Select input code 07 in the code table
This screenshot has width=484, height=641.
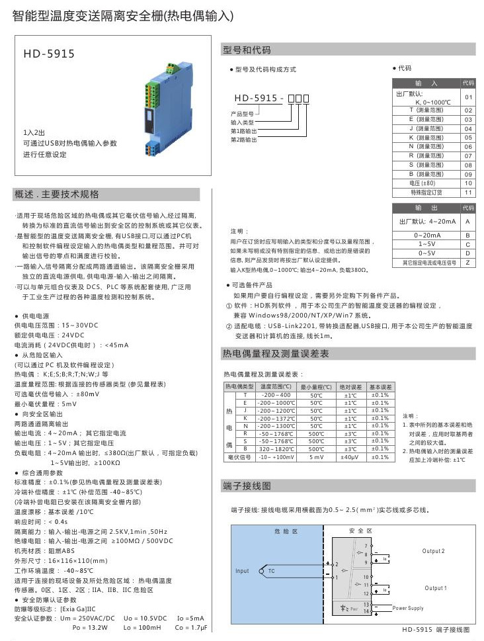(x=468, y=155)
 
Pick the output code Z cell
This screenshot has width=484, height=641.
(x=467, y=263)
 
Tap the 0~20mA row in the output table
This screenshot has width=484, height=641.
(x=426, y=235)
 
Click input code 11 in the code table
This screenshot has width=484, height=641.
(x=468, y=192)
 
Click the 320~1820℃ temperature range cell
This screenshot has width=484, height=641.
(x=276, y=448)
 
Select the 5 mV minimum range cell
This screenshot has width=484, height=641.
(x=317, y=456)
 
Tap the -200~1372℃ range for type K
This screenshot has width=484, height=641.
(x=276, y=417)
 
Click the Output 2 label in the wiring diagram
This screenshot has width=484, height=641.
(x=434, y=551)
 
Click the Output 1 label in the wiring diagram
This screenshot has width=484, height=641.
(x=436, y=588)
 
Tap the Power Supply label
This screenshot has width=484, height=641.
(x=408, y=608)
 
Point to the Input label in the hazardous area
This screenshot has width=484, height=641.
(x=242, y=571)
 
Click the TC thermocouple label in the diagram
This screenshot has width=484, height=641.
(x=271, y=571)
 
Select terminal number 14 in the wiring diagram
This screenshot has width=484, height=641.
(x=366, y=611)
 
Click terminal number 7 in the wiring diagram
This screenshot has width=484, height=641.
(x=366, y=545)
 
